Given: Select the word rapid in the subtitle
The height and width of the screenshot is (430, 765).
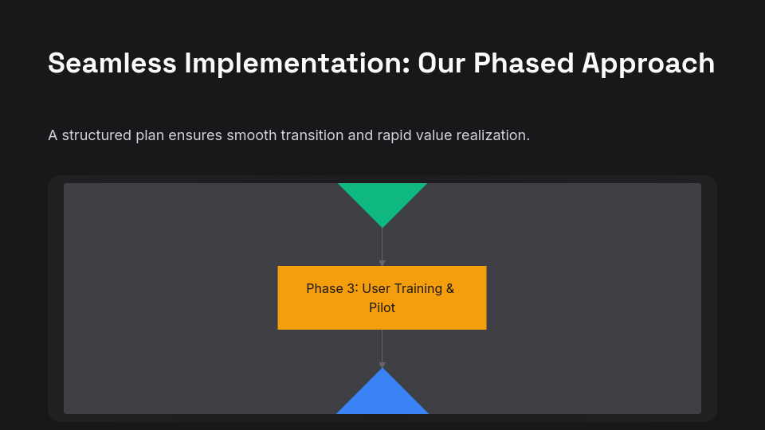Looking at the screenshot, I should point(394,135).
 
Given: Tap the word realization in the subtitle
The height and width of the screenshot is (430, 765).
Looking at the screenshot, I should point(492,135).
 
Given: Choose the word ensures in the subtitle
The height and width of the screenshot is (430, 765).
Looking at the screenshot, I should point(196,135).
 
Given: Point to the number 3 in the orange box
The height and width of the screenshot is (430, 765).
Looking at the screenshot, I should point(351,288).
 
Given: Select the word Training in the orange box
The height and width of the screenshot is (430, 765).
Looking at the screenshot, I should point(418,288).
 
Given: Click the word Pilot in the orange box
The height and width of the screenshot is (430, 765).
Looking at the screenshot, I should point(382,307).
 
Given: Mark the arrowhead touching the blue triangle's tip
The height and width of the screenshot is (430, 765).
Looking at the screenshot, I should point(382,365).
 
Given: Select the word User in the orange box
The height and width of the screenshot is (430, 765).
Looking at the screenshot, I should point(376,288).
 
